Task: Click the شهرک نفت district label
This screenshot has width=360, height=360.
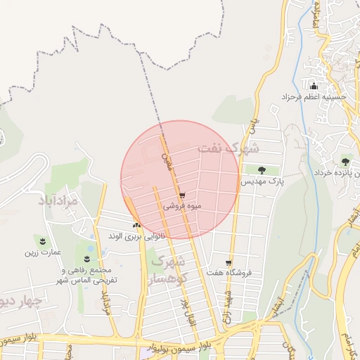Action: [229, 148]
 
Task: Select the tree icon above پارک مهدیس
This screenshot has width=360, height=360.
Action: [262, 169]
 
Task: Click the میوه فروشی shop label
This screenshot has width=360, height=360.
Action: [182, 207]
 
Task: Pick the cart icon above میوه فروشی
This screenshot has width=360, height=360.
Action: [182, 196]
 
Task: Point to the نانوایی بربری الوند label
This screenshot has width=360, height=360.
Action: [136, 237]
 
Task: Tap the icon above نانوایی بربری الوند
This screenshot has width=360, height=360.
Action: [136, 226]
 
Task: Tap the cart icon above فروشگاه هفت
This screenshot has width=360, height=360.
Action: [229, 261]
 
